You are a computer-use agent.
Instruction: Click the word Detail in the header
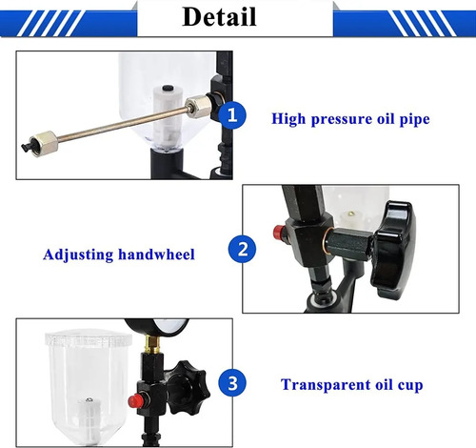(x=219, y=16)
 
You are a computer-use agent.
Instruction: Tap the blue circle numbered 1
(x=232, y=115)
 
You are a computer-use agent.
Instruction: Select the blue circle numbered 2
(x=243, y=249)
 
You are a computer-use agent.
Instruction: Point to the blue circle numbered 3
(x=232, y=383)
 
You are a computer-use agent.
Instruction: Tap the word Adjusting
(x=78, y=255)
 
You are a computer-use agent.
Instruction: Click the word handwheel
(x=156, y=255)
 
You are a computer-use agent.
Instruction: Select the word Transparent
(x=326, y=385)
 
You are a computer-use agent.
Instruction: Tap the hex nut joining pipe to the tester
(x=199, y=106)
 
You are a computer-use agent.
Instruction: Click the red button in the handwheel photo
(x=279, y=232)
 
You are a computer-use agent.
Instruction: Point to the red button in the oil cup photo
(x=134, y=400)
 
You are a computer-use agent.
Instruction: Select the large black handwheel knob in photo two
(x=393, y=245)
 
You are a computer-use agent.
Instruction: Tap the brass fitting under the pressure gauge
(x=152, y=344)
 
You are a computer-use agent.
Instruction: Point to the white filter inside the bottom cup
(x=89, y=417)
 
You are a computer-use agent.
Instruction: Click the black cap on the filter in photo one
(x=167, y=89)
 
